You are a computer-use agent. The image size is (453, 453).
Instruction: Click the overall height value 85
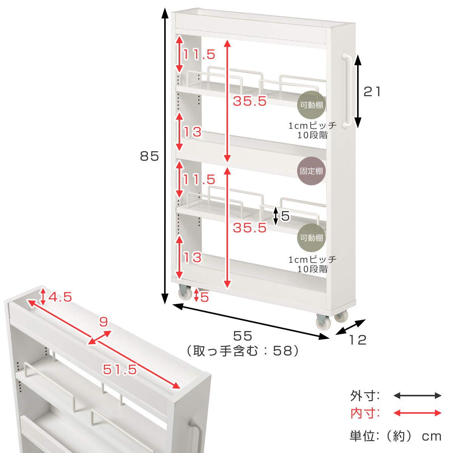pyautogui.click(x=149, y=156)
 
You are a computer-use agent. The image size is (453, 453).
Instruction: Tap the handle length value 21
pyautogui.click(x=372, y=92)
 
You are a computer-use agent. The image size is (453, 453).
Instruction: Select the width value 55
pyautogui.click(x=243, y=336)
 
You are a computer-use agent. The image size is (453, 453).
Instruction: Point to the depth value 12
pyautogui.click(x=358, y=340)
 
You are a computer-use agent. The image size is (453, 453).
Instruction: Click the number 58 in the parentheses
pyautogui.click(x=282, y=351)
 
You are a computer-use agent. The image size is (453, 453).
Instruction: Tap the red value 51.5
pyautogui.click(x=120, y=369)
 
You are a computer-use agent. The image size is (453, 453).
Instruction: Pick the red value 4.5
pyautogui.click(x=60, y=297)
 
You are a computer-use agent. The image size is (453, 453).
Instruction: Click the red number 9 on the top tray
pyautogui.click(x=103, y=322)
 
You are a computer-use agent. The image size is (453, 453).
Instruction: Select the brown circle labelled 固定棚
pyautogui.click(x=311, y=171)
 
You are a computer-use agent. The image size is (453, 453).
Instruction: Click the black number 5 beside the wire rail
pyautogui.click(x=285, y=216)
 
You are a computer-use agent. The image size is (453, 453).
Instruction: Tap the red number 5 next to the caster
pyautogui.click(x=204, y=297)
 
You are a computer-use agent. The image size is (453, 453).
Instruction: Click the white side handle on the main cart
pyautogui.click(x=347, y=91)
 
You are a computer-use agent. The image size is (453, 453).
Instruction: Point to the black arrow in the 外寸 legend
pyautogui.click(x=417, y=396)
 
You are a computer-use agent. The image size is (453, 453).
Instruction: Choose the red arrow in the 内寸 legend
pyautogui.click(x=417, y=413)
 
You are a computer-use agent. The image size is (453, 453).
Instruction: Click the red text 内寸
pyautogui.click(x=364, y=413)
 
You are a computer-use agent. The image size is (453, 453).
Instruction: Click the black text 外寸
pyautogui.click(x=364, y=396)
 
